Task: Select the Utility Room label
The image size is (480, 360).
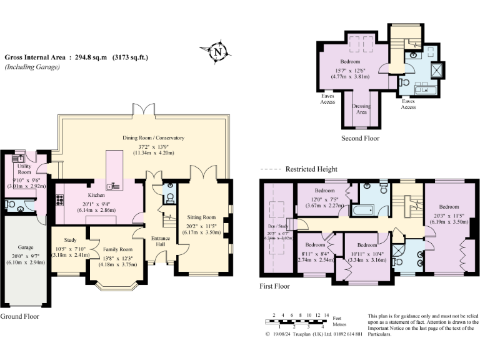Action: point(24,169)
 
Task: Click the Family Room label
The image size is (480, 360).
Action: point(117,249)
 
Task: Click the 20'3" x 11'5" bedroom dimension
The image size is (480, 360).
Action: point(449,215)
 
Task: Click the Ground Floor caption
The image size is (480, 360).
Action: point(19,317)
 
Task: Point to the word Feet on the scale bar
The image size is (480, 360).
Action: point(337,318)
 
